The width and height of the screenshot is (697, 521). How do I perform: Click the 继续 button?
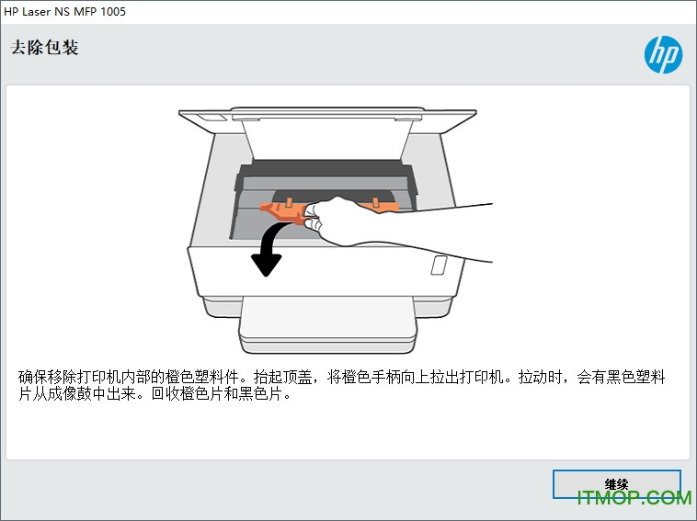click(x=616, y=484)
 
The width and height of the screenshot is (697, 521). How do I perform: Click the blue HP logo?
click(x=663, y=54)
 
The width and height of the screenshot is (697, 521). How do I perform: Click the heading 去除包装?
click(x=44, y=48)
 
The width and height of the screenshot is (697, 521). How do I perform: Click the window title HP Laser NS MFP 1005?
click(x=65, y=12)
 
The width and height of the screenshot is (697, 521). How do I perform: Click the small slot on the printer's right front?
click(x=439, y=265)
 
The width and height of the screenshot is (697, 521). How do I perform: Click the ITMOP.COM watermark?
click(x=634, y=497)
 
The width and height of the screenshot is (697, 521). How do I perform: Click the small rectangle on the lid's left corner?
click(x=209, y=119)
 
